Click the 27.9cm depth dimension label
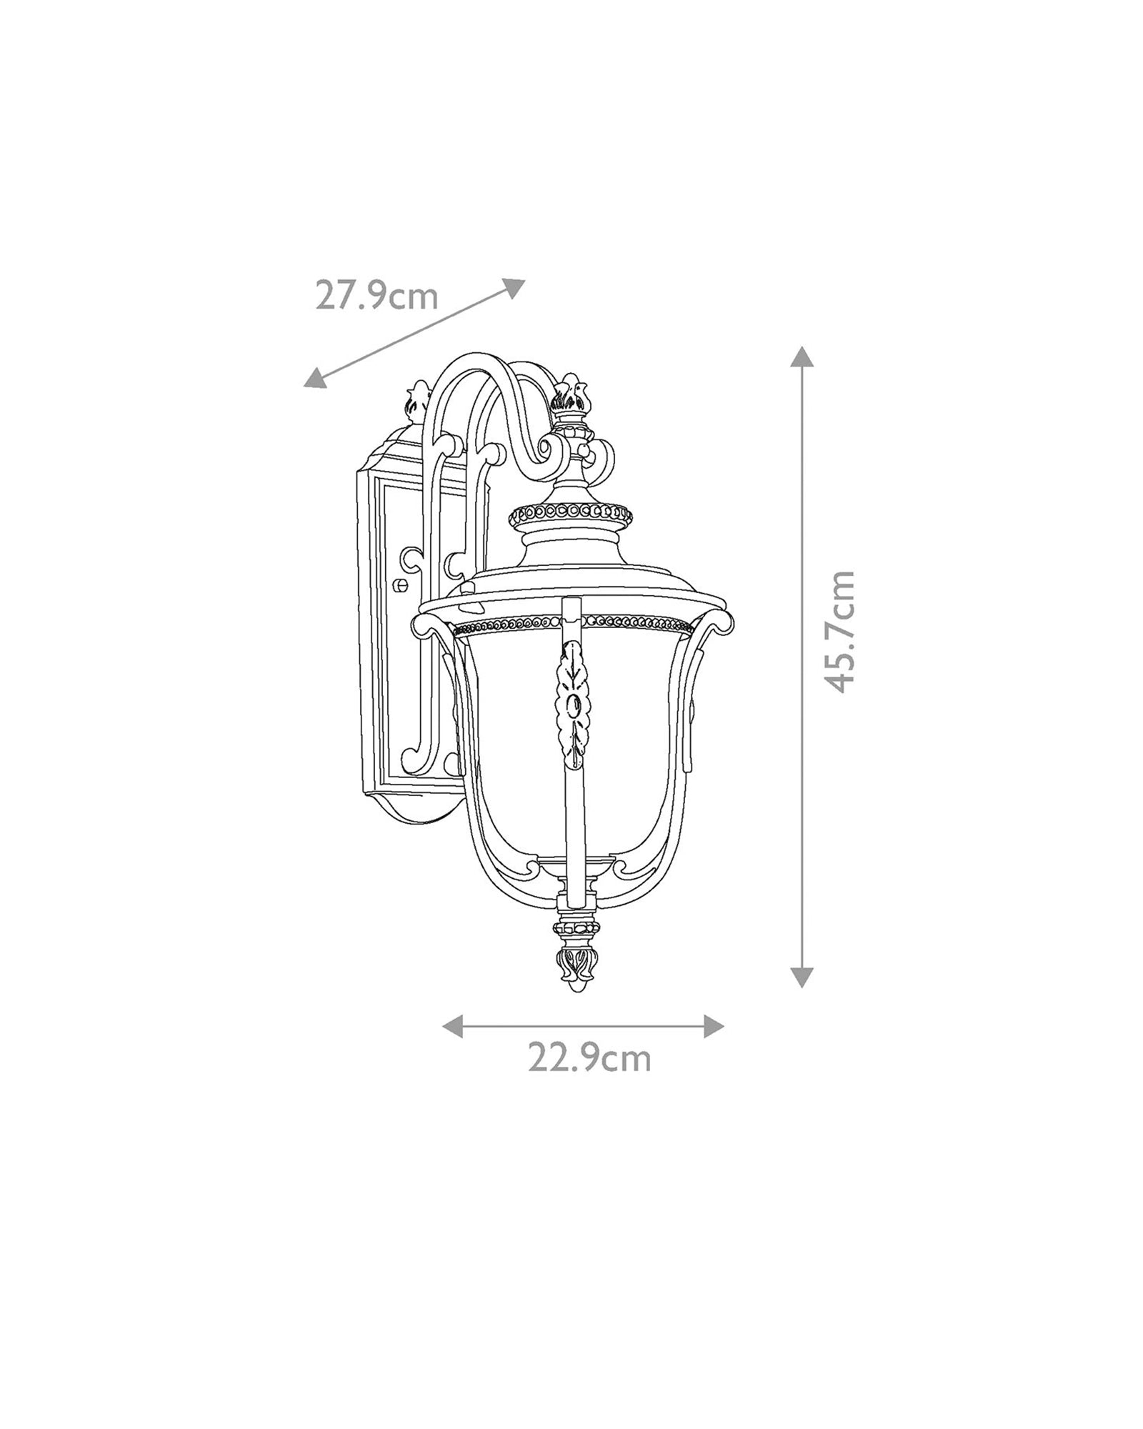pos(376,295)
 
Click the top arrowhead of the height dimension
pos(802,357)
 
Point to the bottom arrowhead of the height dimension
pos(802,977)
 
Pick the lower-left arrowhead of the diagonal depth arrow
pos(315,379)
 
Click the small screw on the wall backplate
pos(401,584)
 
